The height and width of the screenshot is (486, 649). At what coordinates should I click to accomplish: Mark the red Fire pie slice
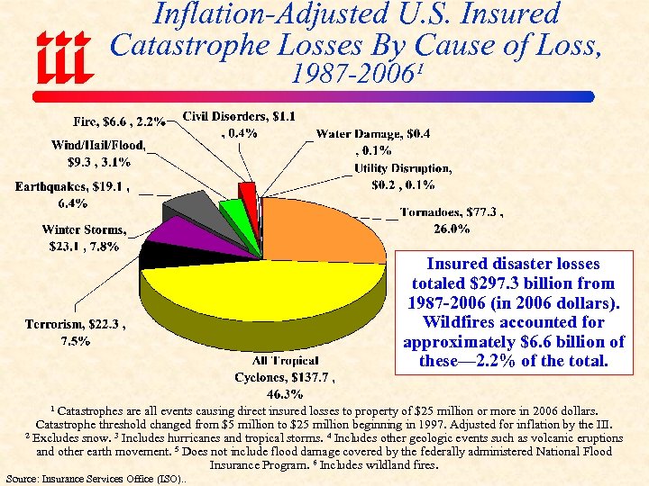[x=247, y=191]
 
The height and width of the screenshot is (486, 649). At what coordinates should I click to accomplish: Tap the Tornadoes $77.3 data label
[x=451, y=220]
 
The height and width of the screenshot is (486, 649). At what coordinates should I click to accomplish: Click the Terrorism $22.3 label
[x=81, y=331]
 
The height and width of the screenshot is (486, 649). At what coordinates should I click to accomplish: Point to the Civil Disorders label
[x=239, y=124]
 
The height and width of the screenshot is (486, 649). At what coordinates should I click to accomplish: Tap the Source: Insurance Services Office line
[x=96, y=479]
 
